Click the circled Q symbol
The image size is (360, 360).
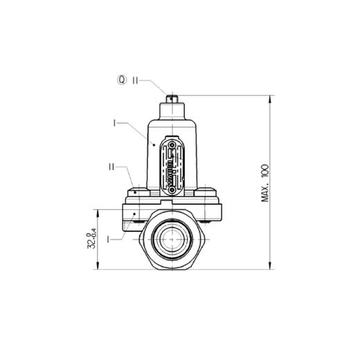point(123,80)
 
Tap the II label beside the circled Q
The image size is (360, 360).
point(137,80)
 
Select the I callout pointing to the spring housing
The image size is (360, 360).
point(114,123)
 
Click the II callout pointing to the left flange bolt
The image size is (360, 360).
point(111,167)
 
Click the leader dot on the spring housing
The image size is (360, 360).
point(153,144)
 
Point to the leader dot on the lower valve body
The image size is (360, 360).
point(134,216)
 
